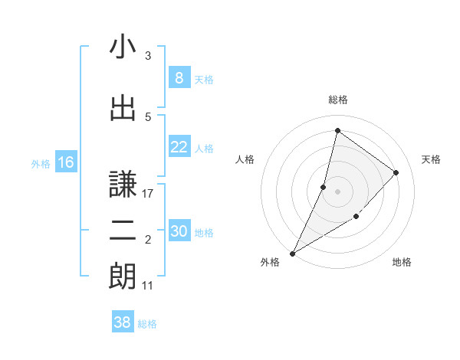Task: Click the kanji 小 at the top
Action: coord(123,47)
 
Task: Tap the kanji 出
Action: coord(123,109)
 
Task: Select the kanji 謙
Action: coord(123,184)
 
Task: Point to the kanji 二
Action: coord(123,231)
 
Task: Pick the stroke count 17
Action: coord(148,194)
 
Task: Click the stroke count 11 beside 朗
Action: coord(148,286)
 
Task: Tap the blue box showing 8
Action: coord(179,78)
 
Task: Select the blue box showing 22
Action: coord(179,148)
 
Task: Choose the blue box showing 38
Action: coord(123,323)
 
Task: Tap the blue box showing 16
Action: coord(65,162)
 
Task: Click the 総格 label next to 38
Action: coord(147,324)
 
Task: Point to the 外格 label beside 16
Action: coord(41,163)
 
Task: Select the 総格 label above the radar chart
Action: coord(337,100)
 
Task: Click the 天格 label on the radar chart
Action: coord(432,159)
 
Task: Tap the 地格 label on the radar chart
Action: coord(402,262)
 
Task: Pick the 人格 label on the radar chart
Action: coord(245,159)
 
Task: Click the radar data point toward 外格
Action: coord(292,253)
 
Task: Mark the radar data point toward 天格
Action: coord(396,172)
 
